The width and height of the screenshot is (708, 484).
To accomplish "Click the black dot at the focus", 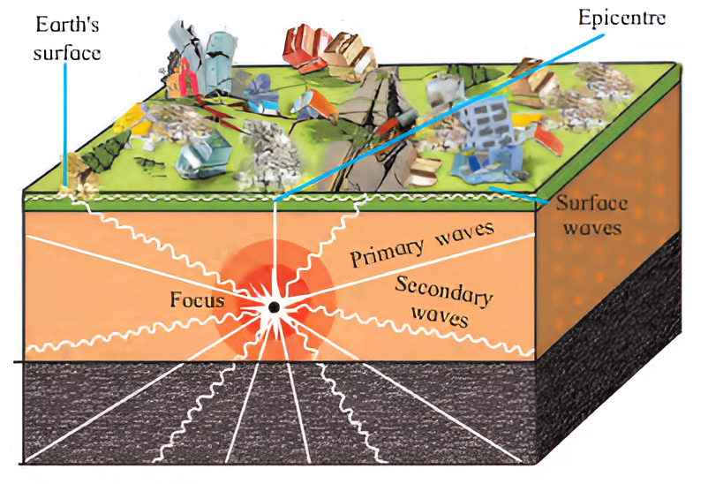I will click(274, 306).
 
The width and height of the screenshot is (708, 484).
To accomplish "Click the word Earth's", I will click(64, 26).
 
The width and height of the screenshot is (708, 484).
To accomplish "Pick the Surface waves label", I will click(591, 216).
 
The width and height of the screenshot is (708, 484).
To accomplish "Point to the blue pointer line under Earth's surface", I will click(64, 124).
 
